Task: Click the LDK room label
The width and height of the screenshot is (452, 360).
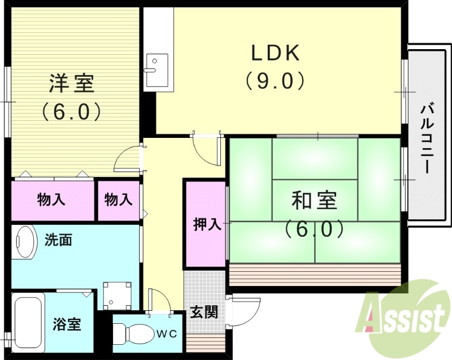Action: click(x=275, y=53)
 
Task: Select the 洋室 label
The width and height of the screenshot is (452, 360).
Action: click(x=71, y=84)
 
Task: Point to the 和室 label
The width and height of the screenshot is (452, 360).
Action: click(x=314, y=201)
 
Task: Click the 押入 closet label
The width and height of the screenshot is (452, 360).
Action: click(x=207, y=224)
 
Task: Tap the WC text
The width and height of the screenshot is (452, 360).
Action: click(x=167, y=333)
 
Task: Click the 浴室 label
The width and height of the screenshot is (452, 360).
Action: click(x=67, y=325)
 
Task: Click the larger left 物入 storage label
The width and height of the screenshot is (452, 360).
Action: click(x=51, y=199)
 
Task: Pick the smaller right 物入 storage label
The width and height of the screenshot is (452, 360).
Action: click(x=119, y=199)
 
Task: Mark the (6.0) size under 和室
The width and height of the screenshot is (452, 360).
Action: click(x=314, y=228)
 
